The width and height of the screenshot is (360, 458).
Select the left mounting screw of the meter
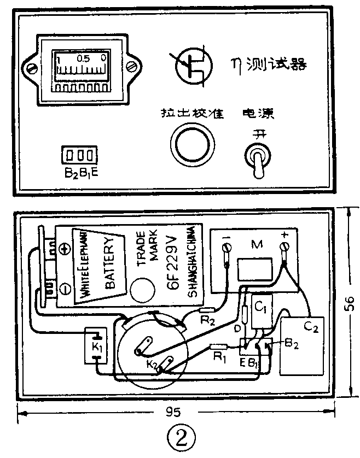tap(32, 68)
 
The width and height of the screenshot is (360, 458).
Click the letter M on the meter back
tap(254, 244)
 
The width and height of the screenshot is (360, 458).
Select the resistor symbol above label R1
tap(219, 347)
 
